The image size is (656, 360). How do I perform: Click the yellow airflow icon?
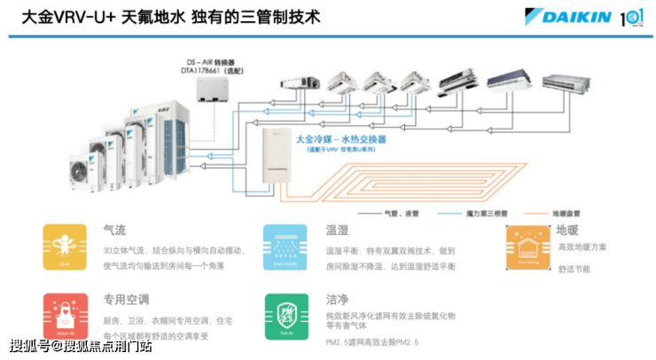[x=65, y=247]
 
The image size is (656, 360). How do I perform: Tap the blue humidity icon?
[x=285, y=247]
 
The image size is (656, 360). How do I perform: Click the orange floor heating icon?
[x=528, y=247]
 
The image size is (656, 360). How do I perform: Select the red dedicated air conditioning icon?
[x=65, y=316]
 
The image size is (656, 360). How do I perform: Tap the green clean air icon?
[x=285, y=316]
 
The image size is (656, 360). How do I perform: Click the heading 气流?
[x=114, y=230]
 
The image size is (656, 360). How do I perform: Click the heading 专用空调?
[x=126, y=300]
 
